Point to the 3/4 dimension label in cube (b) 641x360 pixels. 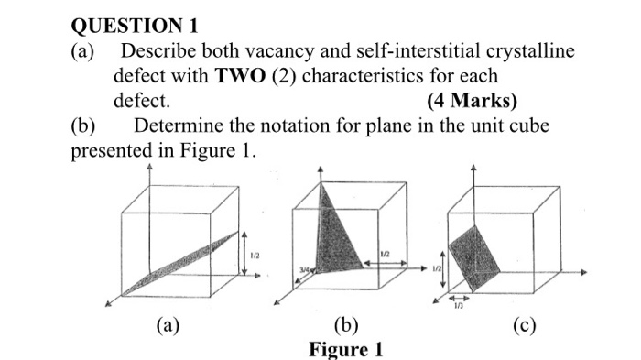302,268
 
